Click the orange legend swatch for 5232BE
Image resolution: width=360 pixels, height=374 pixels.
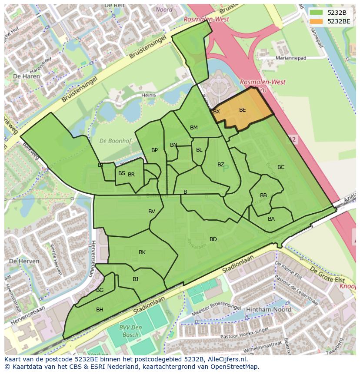(x=317, y=21)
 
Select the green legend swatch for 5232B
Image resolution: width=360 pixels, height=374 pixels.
(x=317, y=13)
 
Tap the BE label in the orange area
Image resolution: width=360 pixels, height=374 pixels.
(x=243, y=110)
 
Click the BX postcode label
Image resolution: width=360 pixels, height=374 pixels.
(x=217, y=112)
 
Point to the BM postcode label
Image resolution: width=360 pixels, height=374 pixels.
(x=194, y=128)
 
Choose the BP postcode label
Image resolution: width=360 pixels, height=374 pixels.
(x=154, y=150)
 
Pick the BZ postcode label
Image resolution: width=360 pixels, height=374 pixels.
(x=221, y=165)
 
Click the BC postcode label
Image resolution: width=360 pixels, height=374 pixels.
(x=281, y=167)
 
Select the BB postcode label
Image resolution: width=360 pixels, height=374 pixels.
(x=263, y=195)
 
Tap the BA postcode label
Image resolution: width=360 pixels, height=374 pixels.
(x=271, y=219)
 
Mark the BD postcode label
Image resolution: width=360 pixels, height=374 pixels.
(x=213, y=239)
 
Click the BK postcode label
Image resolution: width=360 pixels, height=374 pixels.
(x=142, y=252)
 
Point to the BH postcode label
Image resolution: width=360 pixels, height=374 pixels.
(x=100, y=310)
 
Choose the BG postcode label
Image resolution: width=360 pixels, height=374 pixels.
(x=100, y=290)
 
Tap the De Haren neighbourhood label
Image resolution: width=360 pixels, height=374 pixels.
(x=27, y=76)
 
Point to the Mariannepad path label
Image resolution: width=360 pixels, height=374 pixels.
(x=291, y=58)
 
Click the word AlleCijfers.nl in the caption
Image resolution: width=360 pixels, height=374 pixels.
(x=227, y=360)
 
